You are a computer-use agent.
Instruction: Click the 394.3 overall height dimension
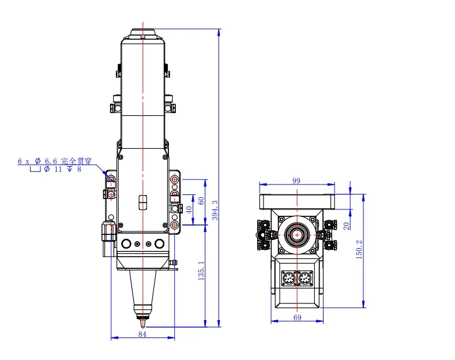pyautogui.click(x=215, y=211)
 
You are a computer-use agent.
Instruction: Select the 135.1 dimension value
pyautogui.click(x=201, y=273)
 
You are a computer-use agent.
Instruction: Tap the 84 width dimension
pyautogui.click(x=142, y=333)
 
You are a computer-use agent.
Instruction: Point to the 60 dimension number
pyautogui.click(x=201, y=200)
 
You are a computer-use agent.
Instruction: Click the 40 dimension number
pyautogui.click(x=188, y=209)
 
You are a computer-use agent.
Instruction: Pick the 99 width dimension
pyautogui.click(x=296, y=181)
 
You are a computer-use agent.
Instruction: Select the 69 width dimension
pyautogui.click(x=298, y=317)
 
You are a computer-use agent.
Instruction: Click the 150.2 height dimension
pyautogui.click(x=359, y=249)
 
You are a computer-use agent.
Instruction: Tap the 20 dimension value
pyautogui.click(x=346, y=226)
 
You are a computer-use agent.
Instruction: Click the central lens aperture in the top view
pyautogui.click(x=297, y=235)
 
